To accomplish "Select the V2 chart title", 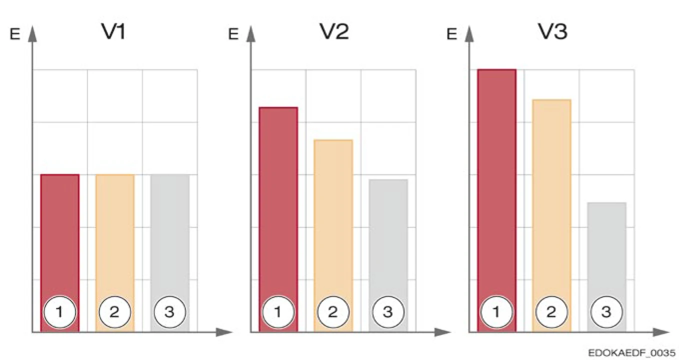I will [334, 32].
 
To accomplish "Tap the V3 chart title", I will [552, 32].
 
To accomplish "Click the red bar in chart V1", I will [59, 235].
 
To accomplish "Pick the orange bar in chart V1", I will [114, 235].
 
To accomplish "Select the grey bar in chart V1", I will [169, 235].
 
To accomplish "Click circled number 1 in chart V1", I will [59, 312].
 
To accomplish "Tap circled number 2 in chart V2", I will [333, 312].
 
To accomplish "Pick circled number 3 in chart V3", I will [606, 312].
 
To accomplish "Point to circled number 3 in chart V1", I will [169, 312].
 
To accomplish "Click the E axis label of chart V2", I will [232, 34].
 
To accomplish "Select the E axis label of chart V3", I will [451, 34].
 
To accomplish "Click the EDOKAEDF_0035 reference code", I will [632, 352].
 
